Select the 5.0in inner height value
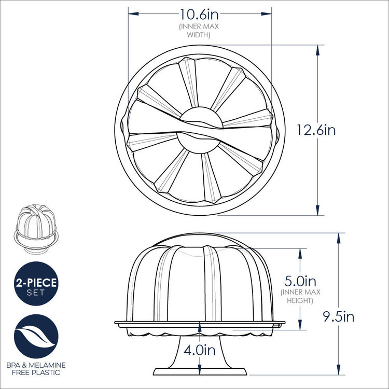pos(301,282)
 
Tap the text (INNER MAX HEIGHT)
pos(301,296)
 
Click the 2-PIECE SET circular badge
pos(36,285)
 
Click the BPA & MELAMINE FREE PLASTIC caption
pos(36,369)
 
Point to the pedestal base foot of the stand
pos(201,371)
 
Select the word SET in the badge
pos(36,293)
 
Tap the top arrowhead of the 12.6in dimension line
pos(317,47)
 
